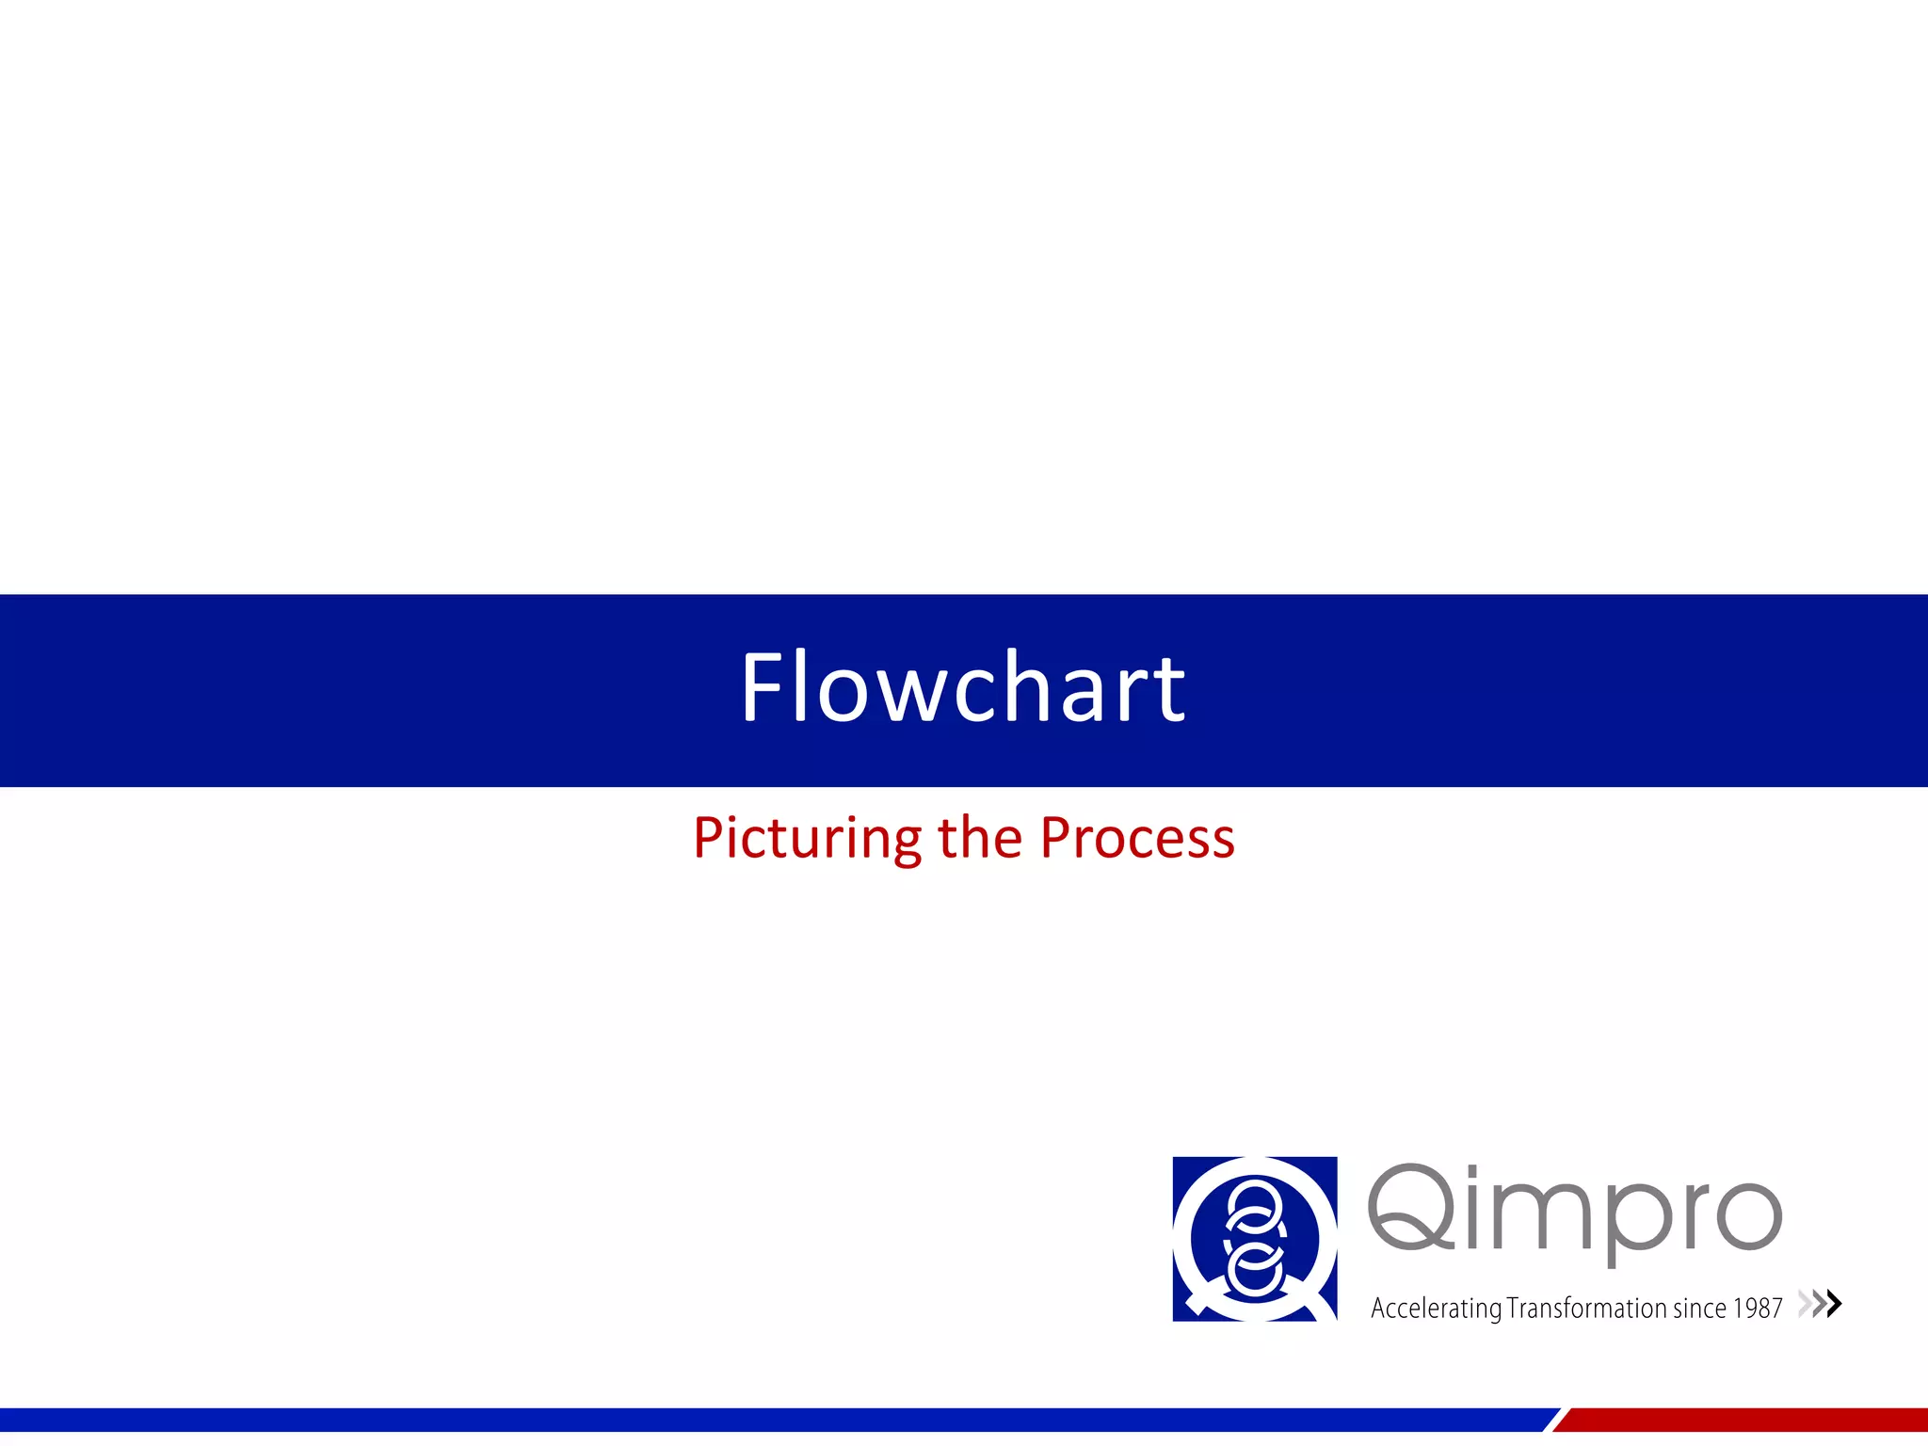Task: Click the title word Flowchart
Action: click(963, 688)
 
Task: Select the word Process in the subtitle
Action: click(1137, 838)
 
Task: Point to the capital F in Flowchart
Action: click(761, 688)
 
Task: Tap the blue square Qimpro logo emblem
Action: click(1254, 1238)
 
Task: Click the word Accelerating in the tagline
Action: click(1436, 1309)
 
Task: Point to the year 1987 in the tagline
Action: click(1758, 1308)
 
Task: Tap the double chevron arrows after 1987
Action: click(1820, 1304)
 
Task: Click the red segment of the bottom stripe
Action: click(1742, 1420)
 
